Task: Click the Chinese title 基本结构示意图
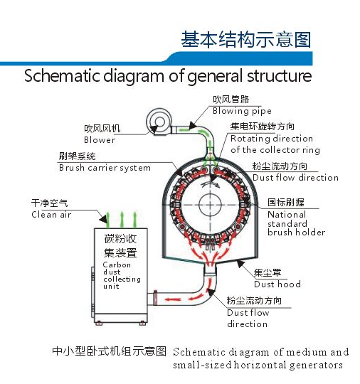coord(246,39)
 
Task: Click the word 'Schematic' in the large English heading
coord(62,75)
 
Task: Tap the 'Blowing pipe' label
coord(242,111)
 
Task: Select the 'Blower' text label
coord(100,140)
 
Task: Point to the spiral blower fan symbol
coord(159,122)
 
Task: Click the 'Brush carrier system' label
coord(105,168)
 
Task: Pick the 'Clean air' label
coord(51,215)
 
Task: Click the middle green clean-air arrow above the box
coord(122,220)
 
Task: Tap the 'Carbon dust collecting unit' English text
coord(122,275)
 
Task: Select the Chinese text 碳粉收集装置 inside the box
coord(120,245)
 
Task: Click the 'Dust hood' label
coord(277,284)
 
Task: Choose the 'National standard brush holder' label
coord(296,223)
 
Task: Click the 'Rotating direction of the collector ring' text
coord(275,144)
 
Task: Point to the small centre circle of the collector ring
coord(210,205)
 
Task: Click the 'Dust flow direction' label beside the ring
coord(295,177)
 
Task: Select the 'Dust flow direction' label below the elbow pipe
coord(248,318)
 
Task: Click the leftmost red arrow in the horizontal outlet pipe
coord(172,299)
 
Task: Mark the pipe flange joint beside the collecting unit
coord(155,298)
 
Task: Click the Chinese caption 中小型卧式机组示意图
coord(110,351)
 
